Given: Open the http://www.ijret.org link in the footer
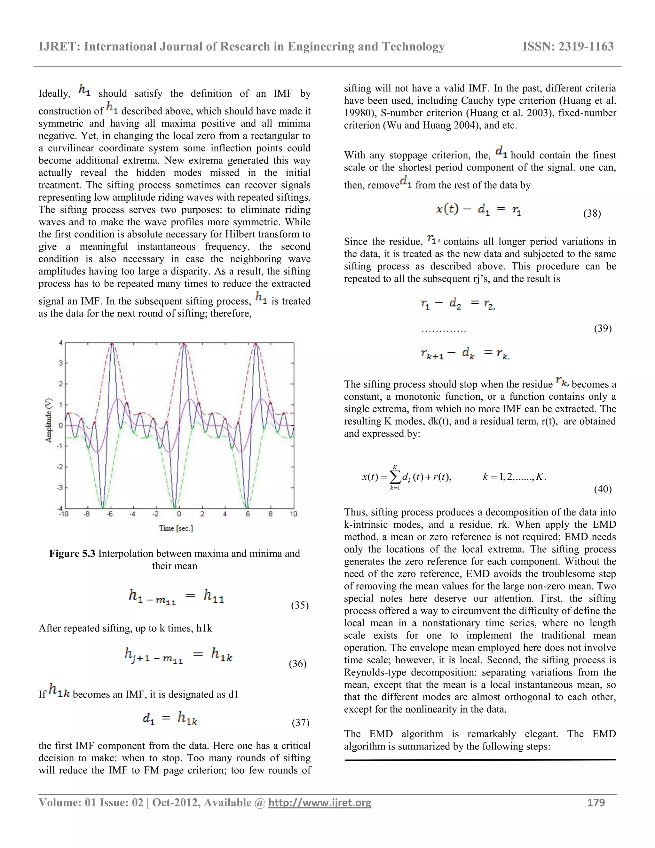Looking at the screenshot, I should coord(320,803).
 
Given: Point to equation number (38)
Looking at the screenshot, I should coord(592,213).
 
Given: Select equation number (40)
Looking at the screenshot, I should coord(602,489).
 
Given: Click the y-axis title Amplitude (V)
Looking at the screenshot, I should coord(49,420).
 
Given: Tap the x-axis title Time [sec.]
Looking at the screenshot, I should coord(176,528).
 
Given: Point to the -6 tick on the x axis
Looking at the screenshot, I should coord(110,514).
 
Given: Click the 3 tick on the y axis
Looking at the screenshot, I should coord(60,363).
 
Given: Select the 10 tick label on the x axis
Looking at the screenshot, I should coord(293,514).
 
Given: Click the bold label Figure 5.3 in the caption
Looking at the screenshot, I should coord(72,553).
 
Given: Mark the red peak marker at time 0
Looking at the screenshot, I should coord(184,344).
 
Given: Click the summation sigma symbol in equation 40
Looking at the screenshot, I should coord(395,476).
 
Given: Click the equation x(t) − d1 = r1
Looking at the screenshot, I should coord(478,210).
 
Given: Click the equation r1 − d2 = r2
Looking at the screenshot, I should coord(457,304).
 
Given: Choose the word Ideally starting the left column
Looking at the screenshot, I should coord(54,93).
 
